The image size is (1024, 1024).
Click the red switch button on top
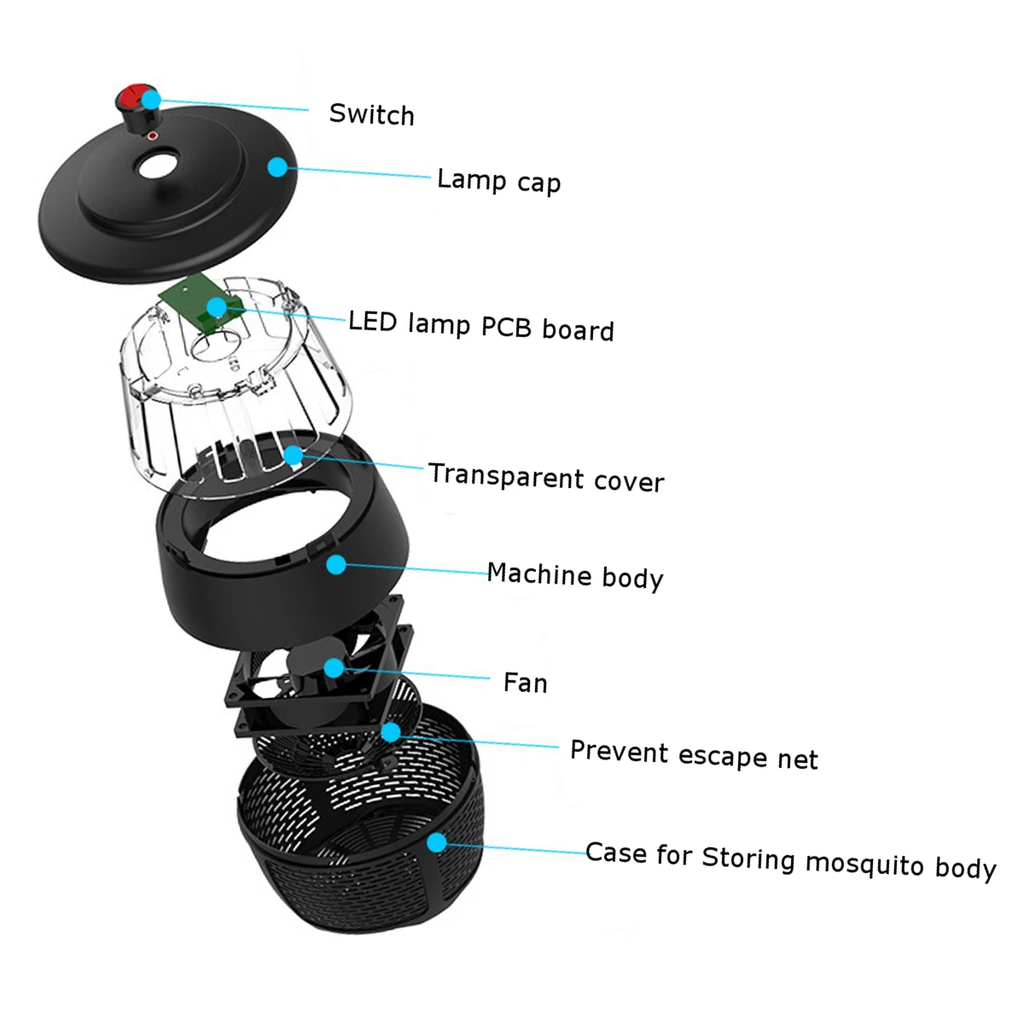click(132, 96)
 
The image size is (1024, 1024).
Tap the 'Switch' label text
click(371, 114)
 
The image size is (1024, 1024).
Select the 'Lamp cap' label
click(498, 181)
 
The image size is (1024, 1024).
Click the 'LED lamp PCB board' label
click(480, 326)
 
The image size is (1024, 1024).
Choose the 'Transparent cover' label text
click(545, 478)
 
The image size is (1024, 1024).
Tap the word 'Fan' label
click(525, 683)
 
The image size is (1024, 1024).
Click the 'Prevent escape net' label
click(693, 755)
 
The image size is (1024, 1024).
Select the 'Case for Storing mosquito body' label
click(790, 860)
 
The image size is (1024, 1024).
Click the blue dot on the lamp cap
click(276, 166)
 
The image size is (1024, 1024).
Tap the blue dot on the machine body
click(336, 564)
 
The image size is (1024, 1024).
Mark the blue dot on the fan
click(333, 666)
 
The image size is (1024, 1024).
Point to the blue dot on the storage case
click(437, 843)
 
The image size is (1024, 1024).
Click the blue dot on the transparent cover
click(293, 455)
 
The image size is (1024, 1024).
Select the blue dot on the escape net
click(391, 731)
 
